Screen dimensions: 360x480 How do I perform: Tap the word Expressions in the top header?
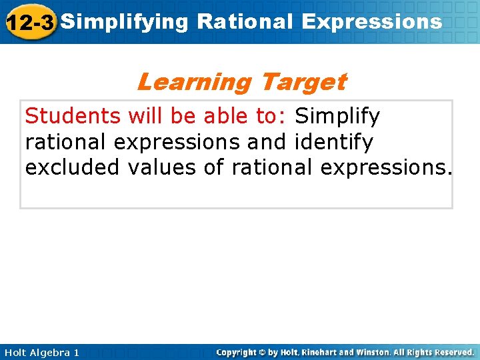coord(371,21)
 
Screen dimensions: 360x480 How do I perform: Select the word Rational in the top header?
coord(245,21)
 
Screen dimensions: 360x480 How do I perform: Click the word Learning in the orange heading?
coord(193,82)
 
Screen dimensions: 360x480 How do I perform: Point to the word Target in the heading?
coord(303,82)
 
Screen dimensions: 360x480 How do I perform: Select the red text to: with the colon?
coord(272,117)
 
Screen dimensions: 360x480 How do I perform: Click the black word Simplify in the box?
coord(337,117)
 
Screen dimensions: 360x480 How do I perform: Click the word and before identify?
coord(270,142)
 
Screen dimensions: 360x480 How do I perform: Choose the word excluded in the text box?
coord(71,167)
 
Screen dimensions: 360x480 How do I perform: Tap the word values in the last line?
coord(161,167)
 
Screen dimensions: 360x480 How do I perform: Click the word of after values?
coord(214,167)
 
